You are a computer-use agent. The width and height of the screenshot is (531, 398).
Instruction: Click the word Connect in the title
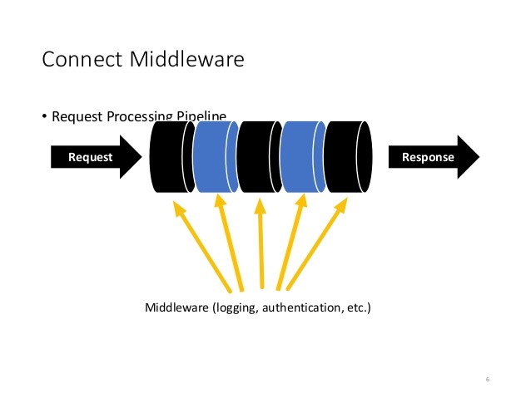tap(76, 60)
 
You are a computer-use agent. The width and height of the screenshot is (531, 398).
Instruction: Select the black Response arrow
tap(434, 157)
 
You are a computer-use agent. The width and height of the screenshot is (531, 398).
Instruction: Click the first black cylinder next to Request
tap(171, 157)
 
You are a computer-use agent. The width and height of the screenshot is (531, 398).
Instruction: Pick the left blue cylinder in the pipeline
tap(216, 157)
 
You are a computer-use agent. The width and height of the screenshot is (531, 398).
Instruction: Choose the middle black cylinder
tap(259, 157)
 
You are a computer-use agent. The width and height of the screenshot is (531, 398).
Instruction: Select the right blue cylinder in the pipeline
tap(302, 157)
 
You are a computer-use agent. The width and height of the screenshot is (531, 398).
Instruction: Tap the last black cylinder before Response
tap(347, 157)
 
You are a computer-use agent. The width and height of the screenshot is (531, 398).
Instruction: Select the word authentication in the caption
tap(301, 308)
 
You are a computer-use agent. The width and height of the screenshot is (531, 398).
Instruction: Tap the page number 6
tap(487, 379)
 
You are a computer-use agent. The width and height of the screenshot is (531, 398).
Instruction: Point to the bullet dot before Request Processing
tap(45, 116)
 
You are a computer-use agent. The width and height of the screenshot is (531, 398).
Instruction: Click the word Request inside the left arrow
tap(90, 157)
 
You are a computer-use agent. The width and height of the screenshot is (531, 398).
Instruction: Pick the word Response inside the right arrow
tap(428, 157)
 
